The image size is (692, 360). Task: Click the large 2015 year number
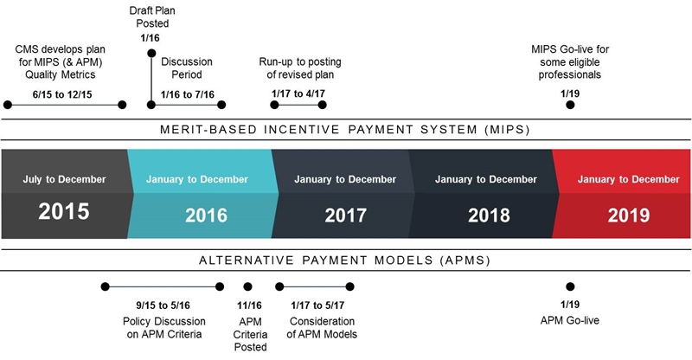[x=64, y=211]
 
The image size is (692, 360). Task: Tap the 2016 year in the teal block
[x=206, y=215]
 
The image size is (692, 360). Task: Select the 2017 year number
[x=345, y=215]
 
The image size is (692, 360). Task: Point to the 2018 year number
[x=489, y=215]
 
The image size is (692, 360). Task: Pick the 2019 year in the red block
[x=629, y=215]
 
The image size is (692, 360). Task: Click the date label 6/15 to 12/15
[x=62, y=94]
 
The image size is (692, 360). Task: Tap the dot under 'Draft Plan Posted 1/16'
[x=151, y=54]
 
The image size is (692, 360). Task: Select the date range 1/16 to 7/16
[x=188, y=94]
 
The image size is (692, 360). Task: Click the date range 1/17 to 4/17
[x=298, y=93]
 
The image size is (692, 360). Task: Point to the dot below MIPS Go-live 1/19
[x=570, y=105]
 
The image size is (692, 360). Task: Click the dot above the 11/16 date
[x=248, y=286]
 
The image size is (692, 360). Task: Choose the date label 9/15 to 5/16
[x=163, y=305]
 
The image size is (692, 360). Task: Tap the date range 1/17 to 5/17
[x=317, y=305]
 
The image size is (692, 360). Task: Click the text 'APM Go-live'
[x=570, y=320]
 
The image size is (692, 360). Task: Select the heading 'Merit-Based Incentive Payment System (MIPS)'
[x=345, y=130]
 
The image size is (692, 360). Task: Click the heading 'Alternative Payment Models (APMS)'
[x=344, y=260]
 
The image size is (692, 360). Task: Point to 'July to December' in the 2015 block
[x=64, y=179]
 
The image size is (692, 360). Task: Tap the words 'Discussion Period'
[x=187, y=68]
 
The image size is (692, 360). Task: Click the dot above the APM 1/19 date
[x=570, y=286]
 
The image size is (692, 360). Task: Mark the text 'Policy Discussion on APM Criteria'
[x=164, y=328]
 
